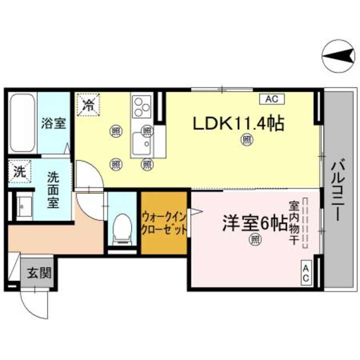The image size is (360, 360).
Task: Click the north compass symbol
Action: pos(339,56)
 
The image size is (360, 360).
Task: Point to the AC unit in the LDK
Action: pos(271,99)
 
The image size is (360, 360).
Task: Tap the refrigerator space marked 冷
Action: pos(88,104)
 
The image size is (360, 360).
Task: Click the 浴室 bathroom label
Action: pos(53,124)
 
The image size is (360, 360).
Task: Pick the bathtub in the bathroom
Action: pos(23,123)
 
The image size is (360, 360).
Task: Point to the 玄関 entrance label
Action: pos(39,272)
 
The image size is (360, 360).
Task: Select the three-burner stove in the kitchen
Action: pos(141,106)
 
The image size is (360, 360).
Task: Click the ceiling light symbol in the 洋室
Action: pos(254,240)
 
